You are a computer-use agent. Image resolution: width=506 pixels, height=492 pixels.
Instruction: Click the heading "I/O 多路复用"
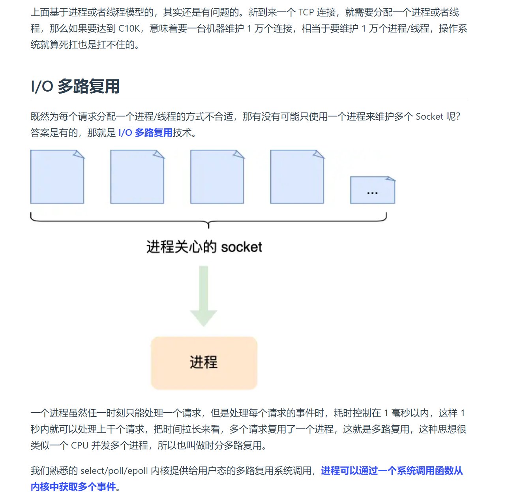coord(75,86)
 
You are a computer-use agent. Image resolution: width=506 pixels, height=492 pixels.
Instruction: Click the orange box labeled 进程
coord(204,362)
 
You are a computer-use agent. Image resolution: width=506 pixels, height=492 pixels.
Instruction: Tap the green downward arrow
coord(204,296)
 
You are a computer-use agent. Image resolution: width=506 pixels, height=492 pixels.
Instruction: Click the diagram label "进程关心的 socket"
coord(204,247)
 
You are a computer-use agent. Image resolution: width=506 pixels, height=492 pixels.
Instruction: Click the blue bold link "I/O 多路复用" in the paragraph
coord(145,133)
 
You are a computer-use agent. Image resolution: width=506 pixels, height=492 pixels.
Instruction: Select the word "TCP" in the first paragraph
coord(306,12)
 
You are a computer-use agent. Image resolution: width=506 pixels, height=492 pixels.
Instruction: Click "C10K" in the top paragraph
coord(129,28)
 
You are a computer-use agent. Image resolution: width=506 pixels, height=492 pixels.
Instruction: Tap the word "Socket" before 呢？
coord(429,116)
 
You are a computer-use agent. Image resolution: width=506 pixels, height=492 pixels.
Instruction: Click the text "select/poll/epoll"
coord(114,471)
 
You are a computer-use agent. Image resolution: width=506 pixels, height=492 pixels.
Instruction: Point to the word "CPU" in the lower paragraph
coord(79,445)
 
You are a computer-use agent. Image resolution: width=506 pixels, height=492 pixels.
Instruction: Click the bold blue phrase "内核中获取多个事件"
coord(73,487)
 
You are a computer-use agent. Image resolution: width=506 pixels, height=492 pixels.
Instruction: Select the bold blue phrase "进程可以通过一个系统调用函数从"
coord(392,471)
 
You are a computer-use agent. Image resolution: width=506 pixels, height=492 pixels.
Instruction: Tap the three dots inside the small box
coord(372,193)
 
